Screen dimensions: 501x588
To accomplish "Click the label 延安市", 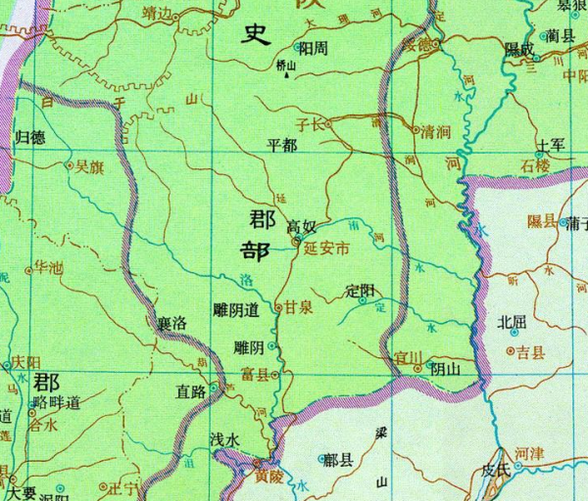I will (326, 250).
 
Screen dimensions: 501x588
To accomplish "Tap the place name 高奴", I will (301, 227).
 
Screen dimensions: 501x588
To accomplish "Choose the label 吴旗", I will (88, 167).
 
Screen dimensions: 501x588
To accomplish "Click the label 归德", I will (31, 137).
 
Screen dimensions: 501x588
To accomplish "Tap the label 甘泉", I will (298, 307).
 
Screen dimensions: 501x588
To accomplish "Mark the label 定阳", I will (361, 291).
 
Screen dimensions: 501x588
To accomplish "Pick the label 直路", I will (189, 392).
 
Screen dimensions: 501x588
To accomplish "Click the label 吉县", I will (530, 351).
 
